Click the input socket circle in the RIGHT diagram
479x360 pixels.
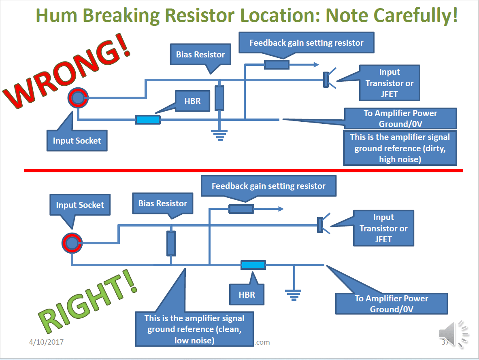click(x=72, y=243)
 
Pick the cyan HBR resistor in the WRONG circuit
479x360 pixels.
click(x=148, y=120)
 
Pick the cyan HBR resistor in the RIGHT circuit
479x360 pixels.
click(x=253, y=265)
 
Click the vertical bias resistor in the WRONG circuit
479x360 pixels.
click(x=219, y=98)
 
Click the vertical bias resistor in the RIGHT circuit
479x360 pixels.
click(x=171, y=243)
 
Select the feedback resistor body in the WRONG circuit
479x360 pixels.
click(x=277, y=65)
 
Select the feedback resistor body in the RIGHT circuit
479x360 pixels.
click(x=241, y=209)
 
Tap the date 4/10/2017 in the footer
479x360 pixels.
click(x=46, y=342)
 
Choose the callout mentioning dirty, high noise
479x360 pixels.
click(x=400, y=148)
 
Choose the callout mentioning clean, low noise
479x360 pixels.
click(x=194, y=329)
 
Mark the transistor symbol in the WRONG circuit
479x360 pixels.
click(x=326, y=79)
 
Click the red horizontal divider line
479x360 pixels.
click(x=243, y=171)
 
